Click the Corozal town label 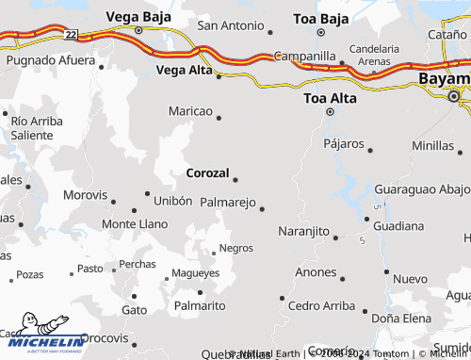tap(208, 173)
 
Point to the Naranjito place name tap(304, 231)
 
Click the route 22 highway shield tap(72, 34)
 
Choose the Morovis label tap(86, 195)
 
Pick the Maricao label tap(190, 112)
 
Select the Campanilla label tap(305, 56)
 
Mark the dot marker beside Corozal tap(235, 179)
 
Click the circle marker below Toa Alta tap(330, 112)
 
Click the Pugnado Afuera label tap(51, 60)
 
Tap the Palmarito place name tap(200, 306)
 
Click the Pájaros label tap(344, 144)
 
